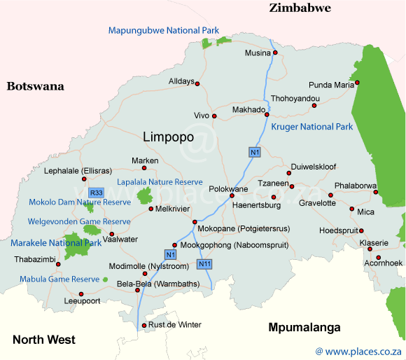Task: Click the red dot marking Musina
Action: click(275, 53)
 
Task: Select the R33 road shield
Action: click(96, 192)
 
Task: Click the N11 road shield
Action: click(204, 264)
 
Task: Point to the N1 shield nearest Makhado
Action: click(255, 152)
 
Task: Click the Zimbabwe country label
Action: click(300, 8)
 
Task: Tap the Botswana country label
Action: click(35, 87)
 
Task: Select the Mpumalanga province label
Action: click(304, 328)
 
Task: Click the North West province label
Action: click(43, 340)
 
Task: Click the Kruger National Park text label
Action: click(311, 127)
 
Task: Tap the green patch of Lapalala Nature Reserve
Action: click(145, 195)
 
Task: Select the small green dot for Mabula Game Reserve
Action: click(105, 279)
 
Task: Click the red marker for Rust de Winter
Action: click(144, 326)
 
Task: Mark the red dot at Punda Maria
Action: click(357, 83)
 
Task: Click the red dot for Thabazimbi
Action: click(58, 265)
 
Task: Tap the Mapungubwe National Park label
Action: click(163, 30)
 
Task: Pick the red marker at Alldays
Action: click(197, 84)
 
